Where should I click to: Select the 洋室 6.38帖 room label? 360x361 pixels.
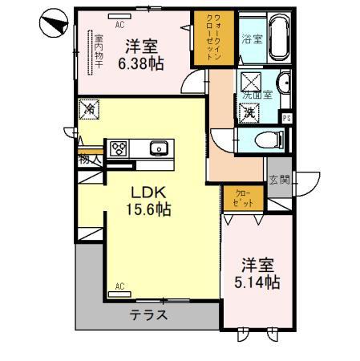point(140,52)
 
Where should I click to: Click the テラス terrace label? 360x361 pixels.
point(150,315)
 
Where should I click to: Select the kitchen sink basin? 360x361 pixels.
point(158,148)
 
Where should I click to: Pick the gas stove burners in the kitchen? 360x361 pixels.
point(119,148)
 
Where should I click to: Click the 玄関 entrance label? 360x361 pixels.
point(278,180)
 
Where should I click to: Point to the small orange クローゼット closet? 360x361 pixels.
point(241,198)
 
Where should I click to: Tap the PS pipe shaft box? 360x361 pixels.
point(287,119)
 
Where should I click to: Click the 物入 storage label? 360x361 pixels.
point(89,160)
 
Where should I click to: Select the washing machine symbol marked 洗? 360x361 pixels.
point(249,112)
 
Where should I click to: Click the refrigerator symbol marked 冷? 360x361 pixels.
point(89,108)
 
